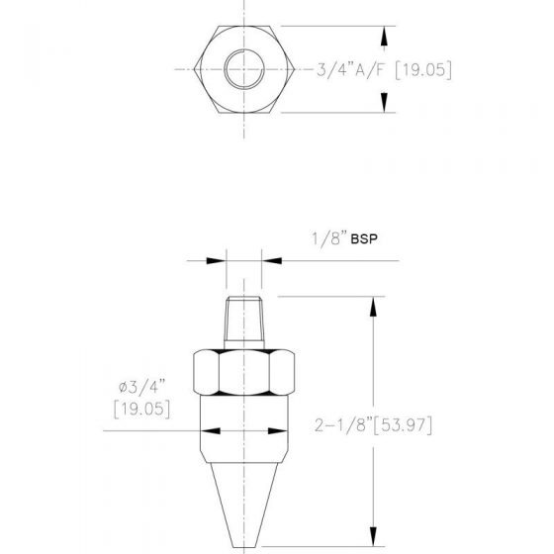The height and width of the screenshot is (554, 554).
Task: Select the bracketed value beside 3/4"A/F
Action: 423,69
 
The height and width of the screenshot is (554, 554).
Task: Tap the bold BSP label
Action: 364,239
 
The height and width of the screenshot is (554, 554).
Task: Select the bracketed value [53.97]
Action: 403,425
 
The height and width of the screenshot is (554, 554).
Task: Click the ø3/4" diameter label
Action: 142,387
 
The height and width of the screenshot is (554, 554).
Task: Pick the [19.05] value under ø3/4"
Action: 142,410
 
